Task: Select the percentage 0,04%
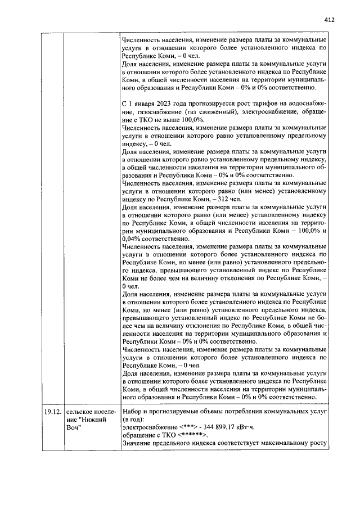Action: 133,238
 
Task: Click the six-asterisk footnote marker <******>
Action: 193,435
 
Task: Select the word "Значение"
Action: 138,444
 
